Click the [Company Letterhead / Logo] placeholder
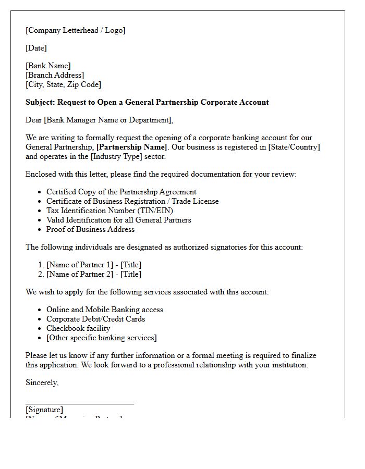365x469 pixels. [x=76, y=30]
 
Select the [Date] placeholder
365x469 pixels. [x=36, y=48]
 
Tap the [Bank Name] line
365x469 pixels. [x=48, y=66]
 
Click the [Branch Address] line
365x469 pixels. [x=55, y=75]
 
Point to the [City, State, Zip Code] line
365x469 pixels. [x=63, y=84]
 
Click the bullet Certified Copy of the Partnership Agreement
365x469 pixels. [x=121, y=192]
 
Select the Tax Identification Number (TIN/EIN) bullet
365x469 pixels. [x=110, y=211]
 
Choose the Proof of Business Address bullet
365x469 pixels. [x=90, y=229]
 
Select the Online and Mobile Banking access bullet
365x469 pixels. [x=104, y=310]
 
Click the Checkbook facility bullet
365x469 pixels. [x=78, y=328]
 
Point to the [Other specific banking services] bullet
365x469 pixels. [x=101, y=338]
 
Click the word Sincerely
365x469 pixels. [x=42, y=382]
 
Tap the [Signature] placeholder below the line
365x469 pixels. [x=44, y=410]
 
